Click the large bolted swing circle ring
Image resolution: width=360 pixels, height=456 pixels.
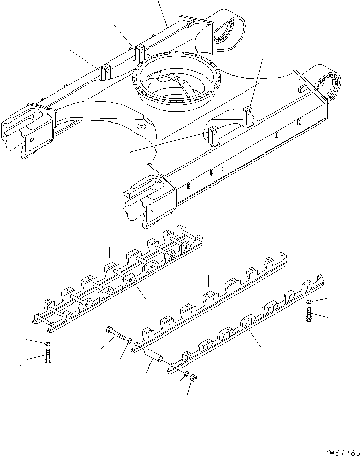(x=175, y=86)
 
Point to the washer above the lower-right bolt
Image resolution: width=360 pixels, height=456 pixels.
(x=309, y=303)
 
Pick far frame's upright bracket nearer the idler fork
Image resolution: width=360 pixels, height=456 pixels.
(x=105, y=72)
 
